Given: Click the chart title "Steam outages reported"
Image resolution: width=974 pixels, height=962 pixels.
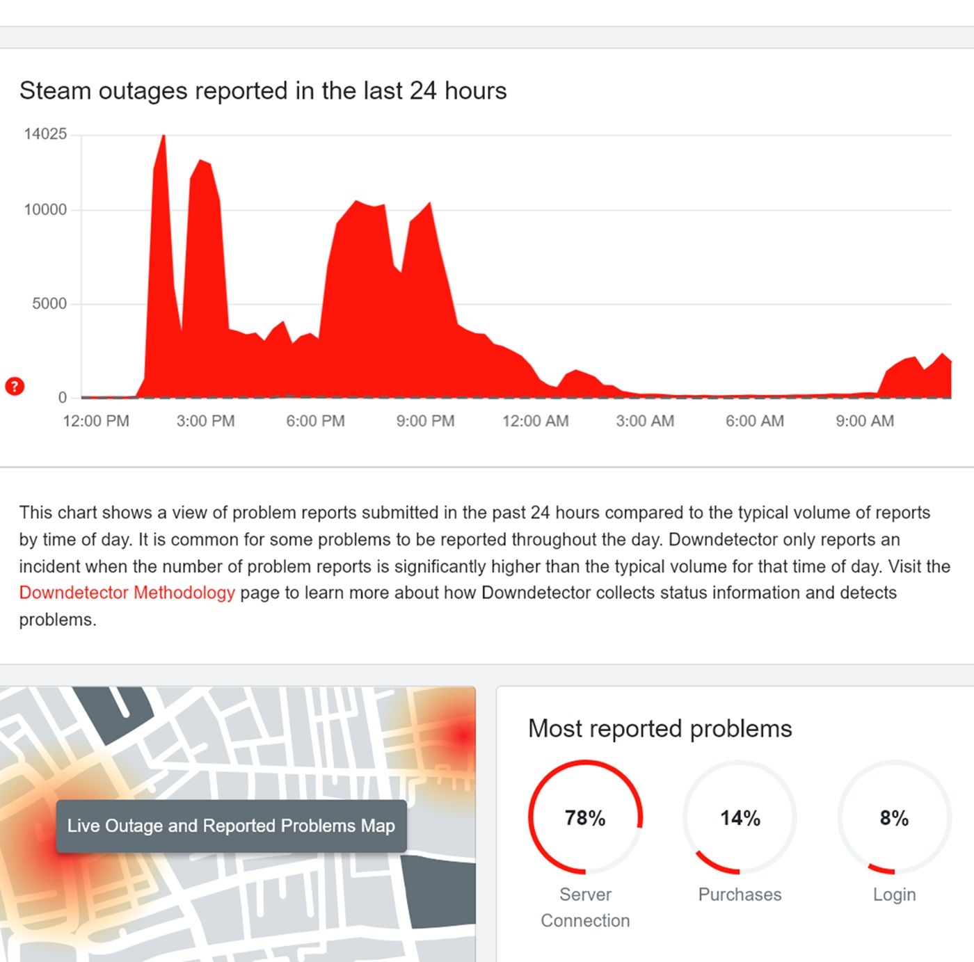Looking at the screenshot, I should [x=262, y=91].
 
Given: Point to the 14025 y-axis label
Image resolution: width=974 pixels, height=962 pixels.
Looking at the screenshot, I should [x=45, y=134].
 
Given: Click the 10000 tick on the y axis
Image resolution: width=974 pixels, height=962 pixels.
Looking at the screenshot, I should [x=45, y=209].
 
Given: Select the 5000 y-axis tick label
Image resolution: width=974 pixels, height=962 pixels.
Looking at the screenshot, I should [x=49, y=303].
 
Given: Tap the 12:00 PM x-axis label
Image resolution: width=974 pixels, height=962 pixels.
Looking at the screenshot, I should [x=96, y=421].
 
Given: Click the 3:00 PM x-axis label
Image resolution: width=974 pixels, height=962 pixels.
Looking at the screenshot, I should [x=205, y=421].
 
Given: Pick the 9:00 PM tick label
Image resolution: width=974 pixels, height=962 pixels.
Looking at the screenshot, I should [x=425, y=421].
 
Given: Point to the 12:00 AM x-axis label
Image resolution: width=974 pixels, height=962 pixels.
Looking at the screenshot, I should [x=535, y=421].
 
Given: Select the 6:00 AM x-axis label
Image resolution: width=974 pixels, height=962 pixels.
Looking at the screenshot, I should [x=754, y=421].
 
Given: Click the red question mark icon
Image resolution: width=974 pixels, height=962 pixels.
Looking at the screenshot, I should [x=15, y=386].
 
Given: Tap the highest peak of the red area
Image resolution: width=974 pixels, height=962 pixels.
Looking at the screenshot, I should [x=163, y=137].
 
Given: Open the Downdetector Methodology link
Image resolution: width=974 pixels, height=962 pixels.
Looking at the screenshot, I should [x=127, y=593].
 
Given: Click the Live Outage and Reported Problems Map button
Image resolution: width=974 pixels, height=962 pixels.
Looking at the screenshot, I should [x=231, y=826].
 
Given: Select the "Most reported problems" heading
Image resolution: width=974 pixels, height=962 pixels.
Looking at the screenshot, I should [x=660, y=728].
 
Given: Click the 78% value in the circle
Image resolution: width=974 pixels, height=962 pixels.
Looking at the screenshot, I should [x=585, y=817].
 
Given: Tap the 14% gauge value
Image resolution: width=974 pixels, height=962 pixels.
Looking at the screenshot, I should [x=740, y=817].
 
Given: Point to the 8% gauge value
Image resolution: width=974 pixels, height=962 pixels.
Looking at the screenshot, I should [x=894, y=817].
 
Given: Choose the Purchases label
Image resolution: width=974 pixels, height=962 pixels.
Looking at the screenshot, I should [x=740, y=895].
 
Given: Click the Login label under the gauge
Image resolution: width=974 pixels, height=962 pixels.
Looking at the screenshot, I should [x=894, y=895].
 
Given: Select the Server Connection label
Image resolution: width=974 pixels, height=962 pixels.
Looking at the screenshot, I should [x=585, y=907].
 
